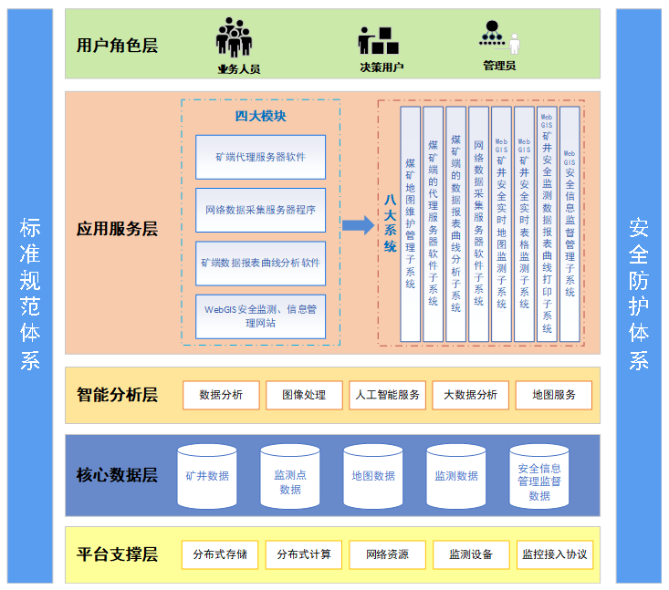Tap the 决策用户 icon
(377, 39)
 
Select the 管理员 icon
(499, 37)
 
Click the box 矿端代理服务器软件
(260, 157)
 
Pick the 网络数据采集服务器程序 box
(260, 210)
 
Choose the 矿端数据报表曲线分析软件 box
(260, 263)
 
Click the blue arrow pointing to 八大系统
(358, 224)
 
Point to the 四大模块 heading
(260, 116)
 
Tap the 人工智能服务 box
(387, 395)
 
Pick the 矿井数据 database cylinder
(207, 476)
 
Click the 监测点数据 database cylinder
(290, 477)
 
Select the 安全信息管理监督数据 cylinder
(539, 477)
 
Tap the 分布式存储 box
(220, 554)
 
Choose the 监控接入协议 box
(554, 554)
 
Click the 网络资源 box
(387, 554)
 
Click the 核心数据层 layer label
(117, 475)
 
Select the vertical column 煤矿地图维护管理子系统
(411, 224)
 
